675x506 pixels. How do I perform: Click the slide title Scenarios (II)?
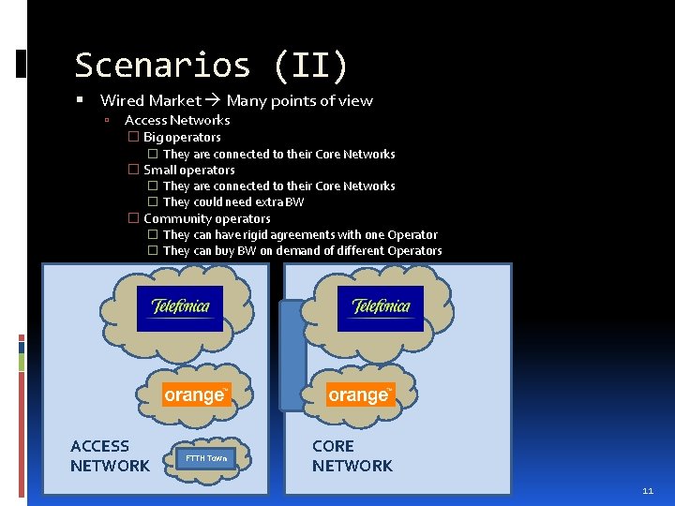(211, 66)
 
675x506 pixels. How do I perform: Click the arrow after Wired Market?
(214, 101)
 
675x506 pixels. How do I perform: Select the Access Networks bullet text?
(177, 120)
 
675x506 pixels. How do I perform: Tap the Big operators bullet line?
(182, 137)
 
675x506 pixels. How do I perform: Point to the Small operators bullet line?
(188, 170)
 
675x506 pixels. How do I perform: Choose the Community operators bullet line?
(206, 218)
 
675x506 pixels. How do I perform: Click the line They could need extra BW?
(233, 201)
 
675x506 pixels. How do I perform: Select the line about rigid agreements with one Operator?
(300, 234)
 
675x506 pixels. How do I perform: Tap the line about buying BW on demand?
(302, 250)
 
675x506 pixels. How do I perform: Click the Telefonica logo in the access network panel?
(180, 308)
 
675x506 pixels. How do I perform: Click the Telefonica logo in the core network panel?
(381, 308)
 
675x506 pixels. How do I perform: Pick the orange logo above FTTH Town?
(196, 394)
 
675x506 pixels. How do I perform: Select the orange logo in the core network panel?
(360, 394)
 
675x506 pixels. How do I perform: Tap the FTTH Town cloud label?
(205, 458)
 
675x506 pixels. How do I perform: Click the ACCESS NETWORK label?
(110, 456)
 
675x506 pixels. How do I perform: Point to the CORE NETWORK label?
(352, 456)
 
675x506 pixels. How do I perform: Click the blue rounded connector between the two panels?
(292, 356)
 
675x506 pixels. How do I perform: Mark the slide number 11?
(648, 491)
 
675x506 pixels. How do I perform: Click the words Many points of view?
(300, 101)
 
